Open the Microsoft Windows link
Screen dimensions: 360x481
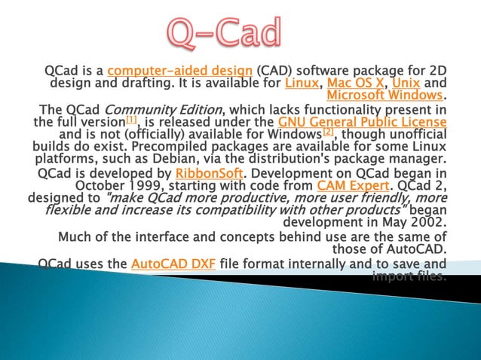click(384, 96)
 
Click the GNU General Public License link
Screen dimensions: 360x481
click(361, 121)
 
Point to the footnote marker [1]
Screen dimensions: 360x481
click(131, 119)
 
